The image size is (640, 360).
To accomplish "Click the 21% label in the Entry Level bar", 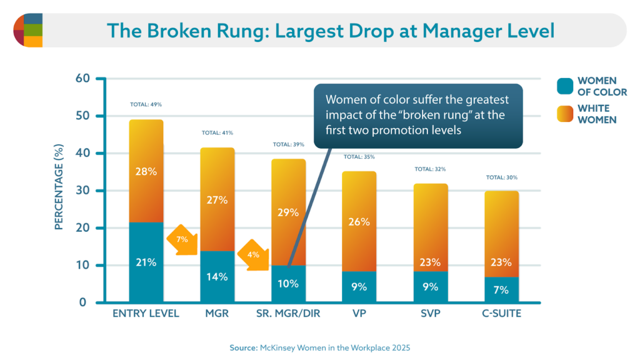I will pos(146,262).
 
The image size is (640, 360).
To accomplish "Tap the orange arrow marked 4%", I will pos(254,256).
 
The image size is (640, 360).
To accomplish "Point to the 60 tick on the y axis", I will pos(83,79).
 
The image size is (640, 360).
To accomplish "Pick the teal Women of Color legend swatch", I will pos(565,87).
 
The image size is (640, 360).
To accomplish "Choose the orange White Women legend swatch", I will pos(565,114).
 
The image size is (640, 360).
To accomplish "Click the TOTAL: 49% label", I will pos(146,104).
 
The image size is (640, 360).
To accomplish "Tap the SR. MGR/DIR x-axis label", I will pos(288,314).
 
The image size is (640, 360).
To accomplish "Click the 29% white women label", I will pos(288,212).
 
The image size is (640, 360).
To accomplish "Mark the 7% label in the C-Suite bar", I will pos(501,291).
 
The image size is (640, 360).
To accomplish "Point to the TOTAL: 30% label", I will pos(502,177).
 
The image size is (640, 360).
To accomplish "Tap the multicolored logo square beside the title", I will pos(28,30).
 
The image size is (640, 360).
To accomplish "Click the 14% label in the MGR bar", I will pos(217,277).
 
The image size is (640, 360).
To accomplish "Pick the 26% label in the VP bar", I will pos(359,222).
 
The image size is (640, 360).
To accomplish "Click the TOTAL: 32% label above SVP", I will pos(431,169).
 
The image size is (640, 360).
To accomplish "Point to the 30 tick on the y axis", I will pos(83,191).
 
